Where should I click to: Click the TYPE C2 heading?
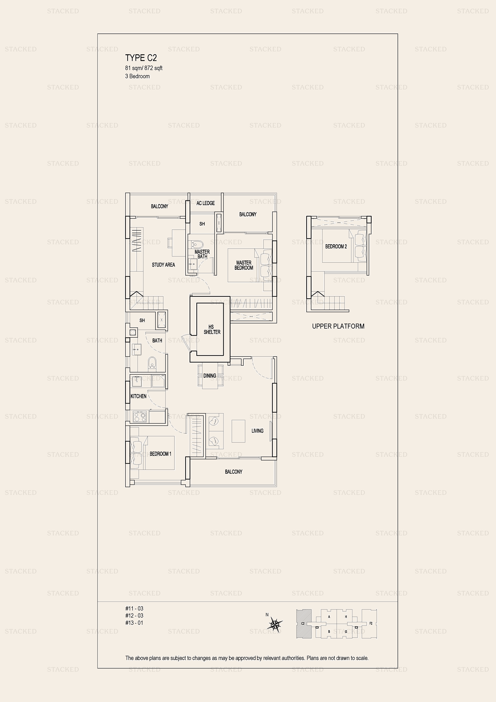pos(141,58)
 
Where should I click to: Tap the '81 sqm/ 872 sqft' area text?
pos(144,68)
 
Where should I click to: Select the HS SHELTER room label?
pos(212,329)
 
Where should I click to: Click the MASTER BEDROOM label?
pos(244,265)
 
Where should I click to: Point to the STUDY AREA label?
pos(163,265)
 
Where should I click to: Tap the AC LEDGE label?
pos(205,203)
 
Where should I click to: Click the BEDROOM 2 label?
pos(336,246)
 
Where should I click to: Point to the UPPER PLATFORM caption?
pos(338,326)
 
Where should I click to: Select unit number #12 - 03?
pos(134,615)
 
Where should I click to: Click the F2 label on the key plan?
pos(371,623)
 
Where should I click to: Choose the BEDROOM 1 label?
pos(160,454)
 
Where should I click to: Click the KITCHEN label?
pos(138,396)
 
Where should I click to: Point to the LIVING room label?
pos(257,431)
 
